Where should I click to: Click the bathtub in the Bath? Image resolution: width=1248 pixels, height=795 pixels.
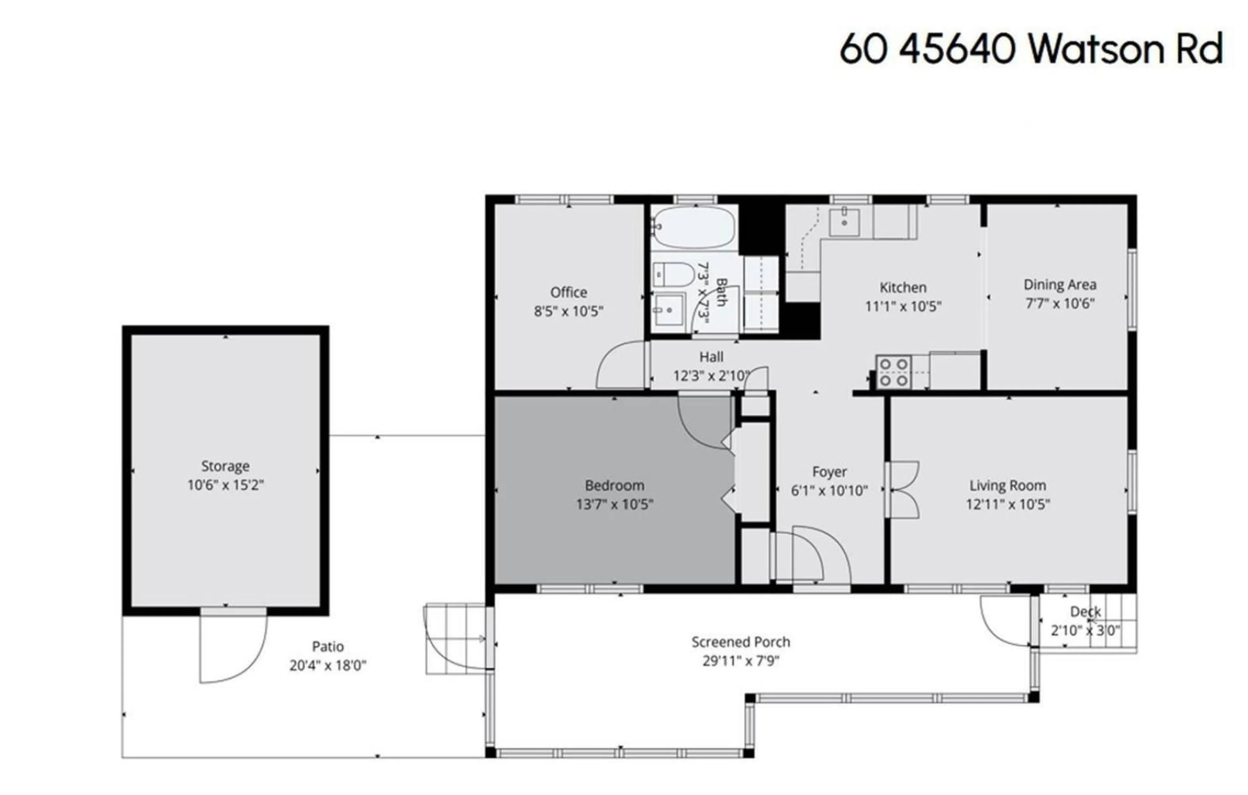tap(694, 227)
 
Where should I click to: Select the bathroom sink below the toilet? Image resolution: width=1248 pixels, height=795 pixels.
tap(669, 310)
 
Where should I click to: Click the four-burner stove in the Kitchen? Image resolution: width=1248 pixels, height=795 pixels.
tap(893, 372)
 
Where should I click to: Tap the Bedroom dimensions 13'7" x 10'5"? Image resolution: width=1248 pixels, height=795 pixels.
tap(614, 504)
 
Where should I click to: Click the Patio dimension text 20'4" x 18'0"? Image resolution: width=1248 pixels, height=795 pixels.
tap(328, 665)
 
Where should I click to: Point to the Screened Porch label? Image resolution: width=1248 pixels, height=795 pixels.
tap(741, 642)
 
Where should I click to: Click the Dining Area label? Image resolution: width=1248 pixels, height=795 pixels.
tap(1059, 285)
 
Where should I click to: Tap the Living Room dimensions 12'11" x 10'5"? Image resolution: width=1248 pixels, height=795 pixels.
tap(1007, 504)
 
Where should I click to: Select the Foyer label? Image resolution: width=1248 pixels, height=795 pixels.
tap(829, 472)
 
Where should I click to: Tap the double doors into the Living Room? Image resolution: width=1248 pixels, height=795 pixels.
tap(903, 490)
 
